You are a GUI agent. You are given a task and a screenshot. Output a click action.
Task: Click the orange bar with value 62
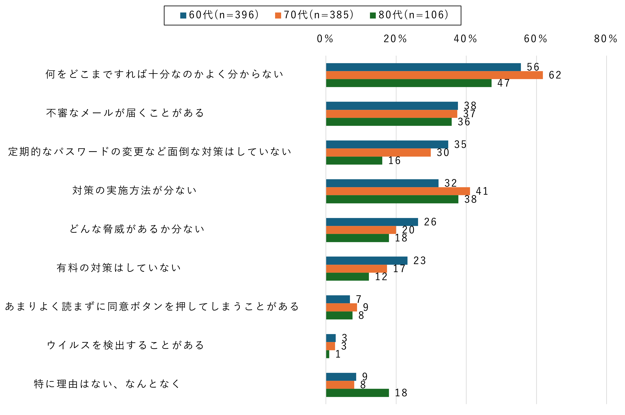tap(434, 75)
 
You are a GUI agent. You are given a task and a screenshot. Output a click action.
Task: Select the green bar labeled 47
tap(408, 83)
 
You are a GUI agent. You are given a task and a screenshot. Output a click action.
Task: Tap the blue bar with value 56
tap(423, 67)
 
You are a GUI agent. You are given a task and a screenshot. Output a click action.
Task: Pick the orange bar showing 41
tap(398, 191)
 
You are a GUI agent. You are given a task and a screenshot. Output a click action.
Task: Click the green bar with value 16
tap(354, 161)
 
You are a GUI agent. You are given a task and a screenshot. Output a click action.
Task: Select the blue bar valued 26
tap(372, 222)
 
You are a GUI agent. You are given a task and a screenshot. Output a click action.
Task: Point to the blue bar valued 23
tap(367, 261)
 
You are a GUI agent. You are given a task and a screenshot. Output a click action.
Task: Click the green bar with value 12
tap(347, 277)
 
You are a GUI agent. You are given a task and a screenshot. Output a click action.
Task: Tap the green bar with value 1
tap(327, 354)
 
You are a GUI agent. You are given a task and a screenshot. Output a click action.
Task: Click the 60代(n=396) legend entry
tap(219, 15)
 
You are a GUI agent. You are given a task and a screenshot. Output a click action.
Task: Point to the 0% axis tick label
tap(325, 39)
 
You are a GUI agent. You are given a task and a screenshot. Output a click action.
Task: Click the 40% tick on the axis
tap(465, 39)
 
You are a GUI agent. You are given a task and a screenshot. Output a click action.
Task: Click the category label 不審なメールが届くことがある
tap(125, 113)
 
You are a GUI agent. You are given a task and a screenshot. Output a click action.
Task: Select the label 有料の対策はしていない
tap(119, 268)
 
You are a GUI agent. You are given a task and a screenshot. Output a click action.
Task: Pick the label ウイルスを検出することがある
tap(125, 345)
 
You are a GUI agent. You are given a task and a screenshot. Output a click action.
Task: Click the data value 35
tap(460, 145)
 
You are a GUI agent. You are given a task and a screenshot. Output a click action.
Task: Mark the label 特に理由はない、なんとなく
tap(107, 384)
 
